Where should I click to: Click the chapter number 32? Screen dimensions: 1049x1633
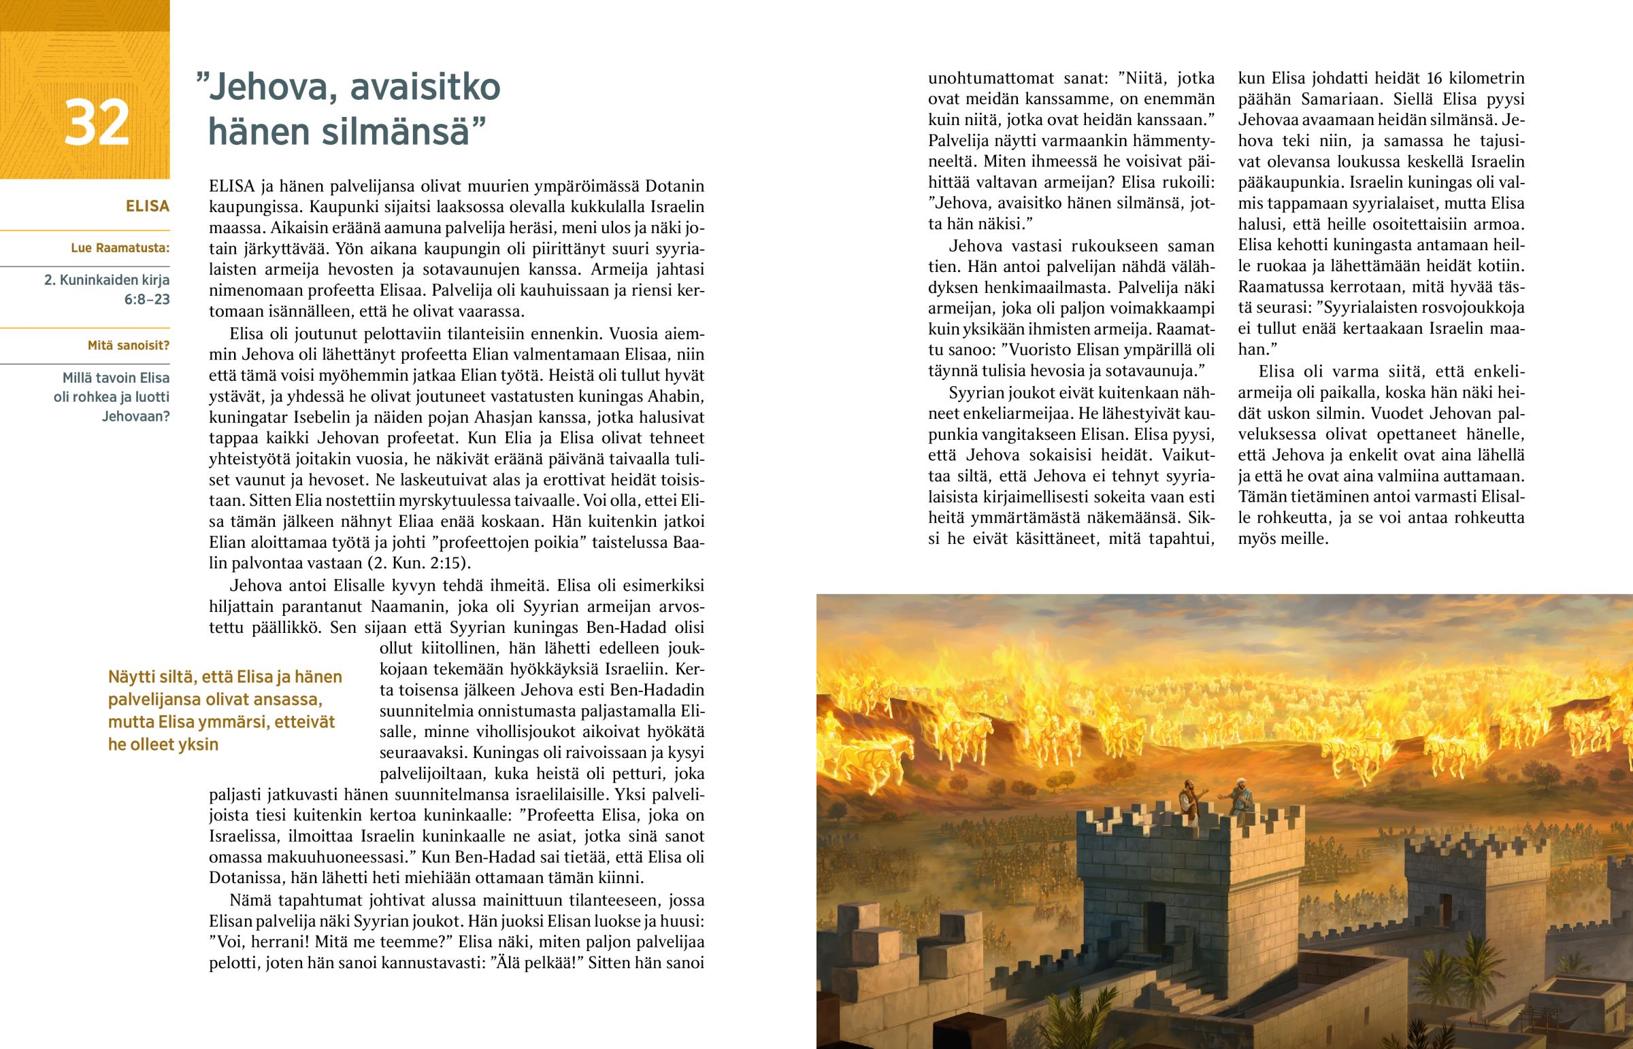coord(96,123)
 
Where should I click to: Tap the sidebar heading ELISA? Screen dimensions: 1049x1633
coord(147,207)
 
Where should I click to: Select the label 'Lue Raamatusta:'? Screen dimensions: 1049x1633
coord(120,248)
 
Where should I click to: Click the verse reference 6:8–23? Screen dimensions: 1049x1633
coord(146,299)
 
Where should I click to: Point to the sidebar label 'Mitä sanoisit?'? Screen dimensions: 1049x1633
coord(128,345)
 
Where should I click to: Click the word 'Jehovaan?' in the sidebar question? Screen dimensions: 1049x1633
coord(135,416)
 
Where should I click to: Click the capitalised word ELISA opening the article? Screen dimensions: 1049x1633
coord(232,186)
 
